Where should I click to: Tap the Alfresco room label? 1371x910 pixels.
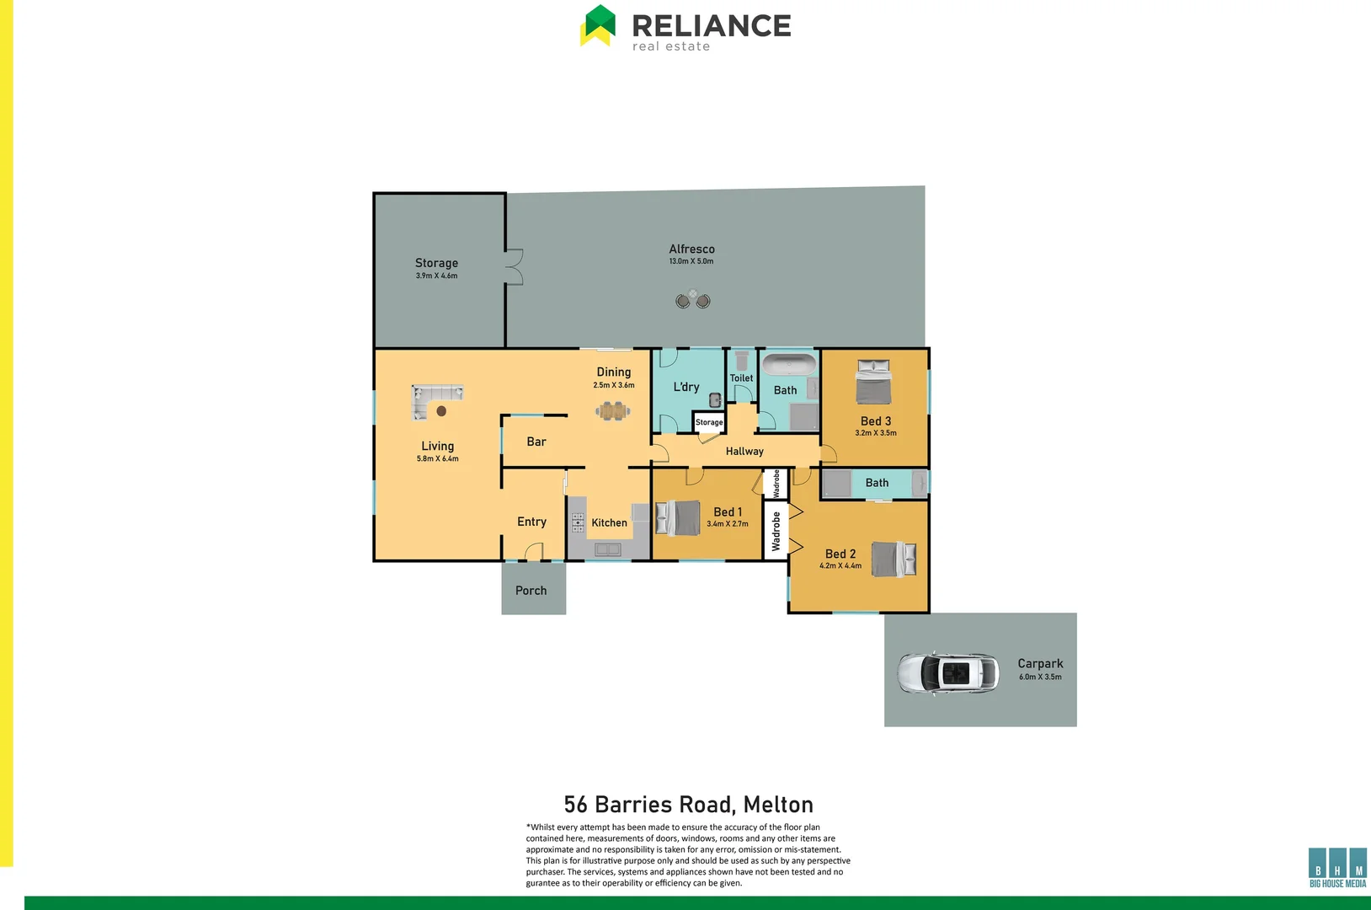(x=691, y=249)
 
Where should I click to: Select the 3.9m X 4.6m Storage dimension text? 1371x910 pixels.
(x=436, y=276)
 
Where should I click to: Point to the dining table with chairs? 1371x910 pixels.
(x=613, y=411)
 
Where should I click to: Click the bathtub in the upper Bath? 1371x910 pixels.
(x=789, y=365)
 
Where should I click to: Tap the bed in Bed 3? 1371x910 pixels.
(x=873, y=383)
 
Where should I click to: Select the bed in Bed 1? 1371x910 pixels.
(x=679, y=517)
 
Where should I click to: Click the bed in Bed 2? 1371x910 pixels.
(x=893, y=559)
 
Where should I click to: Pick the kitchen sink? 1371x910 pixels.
(x=607, y=549)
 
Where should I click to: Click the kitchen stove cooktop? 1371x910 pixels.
(x=578, y=522)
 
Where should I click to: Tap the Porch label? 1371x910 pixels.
(x=531, y=591)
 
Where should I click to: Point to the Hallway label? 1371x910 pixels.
(x=744, y=452)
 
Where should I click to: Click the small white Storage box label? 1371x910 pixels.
(x=709, y=422)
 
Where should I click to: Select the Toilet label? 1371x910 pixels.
(x=741, y=378)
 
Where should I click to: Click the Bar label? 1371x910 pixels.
(x=536, y=442)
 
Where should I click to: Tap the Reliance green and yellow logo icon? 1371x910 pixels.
(x=598, y=25)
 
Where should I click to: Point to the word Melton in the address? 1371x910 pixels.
(x=778, y=805)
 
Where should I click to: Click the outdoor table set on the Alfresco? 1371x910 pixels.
(x=693, y=299)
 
